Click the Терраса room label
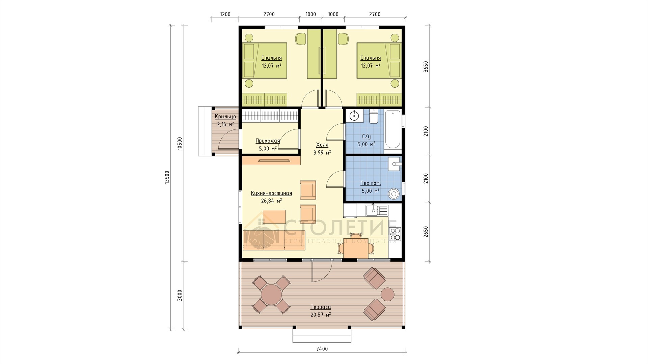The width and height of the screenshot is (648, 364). [x=321, y=307]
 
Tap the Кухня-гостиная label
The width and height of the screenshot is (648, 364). [x=271, y=193]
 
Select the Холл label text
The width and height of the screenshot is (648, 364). [x=322, y=145]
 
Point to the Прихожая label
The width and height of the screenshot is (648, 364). [x=268, y=141]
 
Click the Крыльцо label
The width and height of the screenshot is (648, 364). [x=225, y=117]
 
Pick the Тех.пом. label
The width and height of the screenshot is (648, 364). [x=371, y=183]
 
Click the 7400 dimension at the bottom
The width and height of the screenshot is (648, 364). [x=322, y=349]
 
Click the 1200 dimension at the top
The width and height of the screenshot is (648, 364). [x=225, y=14]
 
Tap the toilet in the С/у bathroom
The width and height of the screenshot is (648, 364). [x=373, y=116]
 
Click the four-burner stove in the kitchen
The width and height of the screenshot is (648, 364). [x=395, y=234]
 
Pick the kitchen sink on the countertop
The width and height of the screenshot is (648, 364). [x=377, y=210]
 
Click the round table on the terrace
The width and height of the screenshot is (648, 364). [x=271, y=294]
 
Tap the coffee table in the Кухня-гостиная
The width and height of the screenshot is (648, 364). [x=274, y=217]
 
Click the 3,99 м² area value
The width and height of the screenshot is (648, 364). [x=322, y=152]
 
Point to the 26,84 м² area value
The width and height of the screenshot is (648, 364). [x=271, y=201]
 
